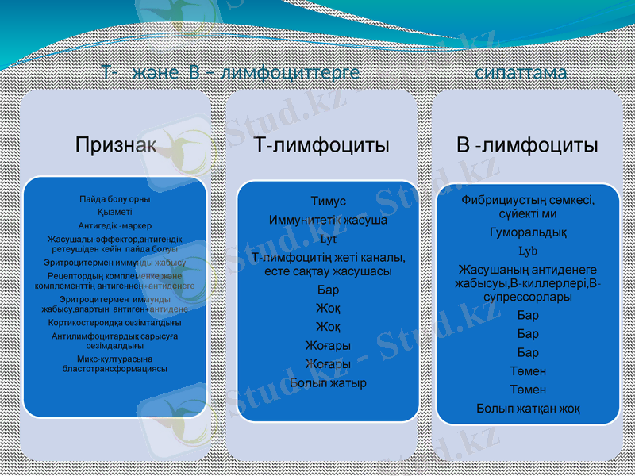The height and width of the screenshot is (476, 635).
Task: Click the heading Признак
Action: click(x=116, y=144)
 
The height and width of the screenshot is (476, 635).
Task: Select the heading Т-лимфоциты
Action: click(x=321, y=145)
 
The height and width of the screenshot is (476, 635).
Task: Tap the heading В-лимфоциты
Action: click(x=527, y=145)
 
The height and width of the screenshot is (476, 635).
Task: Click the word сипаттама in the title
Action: click(x=521, y=72)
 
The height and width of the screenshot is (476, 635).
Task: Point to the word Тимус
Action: click(x=329, y=202)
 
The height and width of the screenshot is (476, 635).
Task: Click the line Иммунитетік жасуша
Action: click(x=329, y=220)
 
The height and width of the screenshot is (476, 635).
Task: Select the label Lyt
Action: click(x=328, y=238)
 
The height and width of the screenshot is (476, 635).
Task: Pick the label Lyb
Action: click(x=528, y=251)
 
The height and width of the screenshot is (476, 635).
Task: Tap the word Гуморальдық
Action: click(x=528, y=232)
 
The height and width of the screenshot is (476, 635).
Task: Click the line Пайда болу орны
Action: click(x=115, y=199)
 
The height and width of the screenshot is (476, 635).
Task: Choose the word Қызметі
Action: click(x=115, y=212)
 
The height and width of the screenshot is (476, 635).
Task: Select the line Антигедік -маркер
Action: click(x=115, y=225)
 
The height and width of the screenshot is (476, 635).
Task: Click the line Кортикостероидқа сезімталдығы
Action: click(x=115, y=323)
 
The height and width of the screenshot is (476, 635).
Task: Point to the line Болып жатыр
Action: click(x=329, y=383)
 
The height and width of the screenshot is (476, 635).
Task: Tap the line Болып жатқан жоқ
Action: click(x=528, y=409)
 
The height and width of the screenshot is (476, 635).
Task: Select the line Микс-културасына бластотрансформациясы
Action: click(x=115, y=363)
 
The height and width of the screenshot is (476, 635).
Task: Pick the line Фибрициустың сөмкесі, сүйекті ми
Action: click(x=528, y=207)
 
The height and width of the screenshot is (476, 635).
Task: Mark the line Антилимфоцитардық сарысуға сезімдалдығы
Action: click(x=115, y=340)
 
